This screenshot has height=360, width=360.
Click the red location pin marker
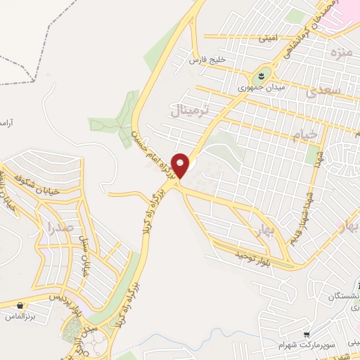click(181, 165)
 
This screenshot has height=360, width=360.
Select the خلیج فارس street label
click(207, 60)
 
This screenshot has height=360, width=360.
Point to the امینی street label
click(267, 37)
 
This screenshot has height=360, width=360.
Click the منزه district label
click(343, 51)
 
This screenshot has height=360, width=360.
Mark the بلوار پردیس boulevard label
click(60, 297)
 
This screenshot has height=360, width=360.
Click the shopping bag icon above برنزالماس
click(19, 306)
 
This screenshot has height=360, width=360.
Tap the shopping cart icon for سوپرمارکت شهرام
click(306, 334)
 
